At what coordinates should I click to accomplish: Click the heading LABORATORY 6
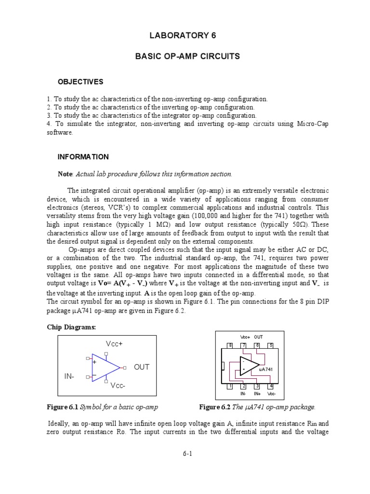tap(185, 36)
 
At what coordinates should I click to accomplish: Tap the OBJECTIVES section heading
tap(80, 82)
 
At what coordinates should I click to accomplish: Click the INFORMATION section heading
tap(83, 157)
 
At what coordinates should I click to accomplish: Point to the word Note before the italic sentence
tap(65, 174)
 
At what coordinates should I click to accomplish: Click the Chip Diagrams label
tap(71, 327)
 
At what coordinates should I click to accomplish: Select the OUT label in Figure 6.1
tap(142, 367)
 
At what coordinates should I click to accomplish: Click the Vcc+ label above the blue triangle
tap(114, 343)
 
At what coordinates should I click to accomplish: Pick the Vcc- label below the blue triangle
tap(118, 386)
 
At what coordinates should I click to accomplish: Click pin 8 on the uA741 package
tap(230, 345)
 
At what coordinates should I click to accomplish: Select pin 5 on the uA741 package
tap(271, 345)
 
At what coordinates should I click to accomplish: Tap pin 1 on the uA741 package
tap(230, 386)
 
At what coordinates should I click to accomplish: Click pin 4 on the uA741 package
tap(271, 386)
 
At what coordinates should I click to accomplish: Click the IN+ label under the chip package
tap(257, 394)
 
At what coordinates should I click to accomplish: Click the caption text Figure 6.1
tap(62, 407)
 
